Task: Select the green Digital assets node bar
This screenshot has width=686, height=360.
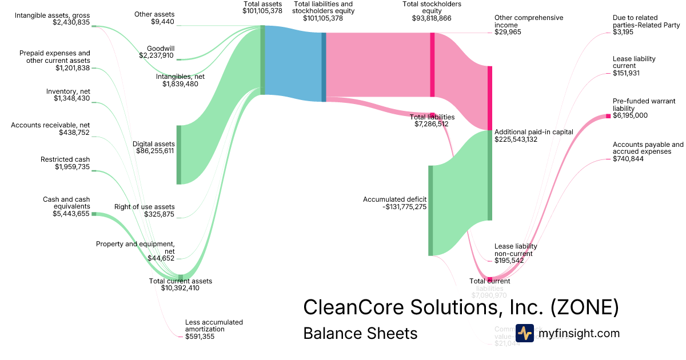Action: (x=178, y=154)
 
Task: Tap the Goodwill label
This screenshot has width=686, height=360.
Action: (x=161, y=48)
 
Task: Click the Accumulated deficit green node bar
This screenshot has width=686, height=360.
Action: (x=430, y=210)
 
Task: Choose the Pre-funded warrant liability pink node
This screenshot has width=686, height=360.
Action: (x=608, y=117)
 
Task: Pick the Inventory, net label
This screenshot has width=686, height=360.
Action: (x=68, y=91)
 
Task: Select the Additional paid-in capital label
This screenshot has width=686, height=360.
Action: (x=534, y=132)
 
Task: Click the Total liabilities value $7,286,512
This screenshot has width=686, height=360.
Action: (x=432, y=123)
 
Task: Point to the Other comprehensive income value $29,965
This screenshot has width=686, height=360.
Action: (x=508, y=32)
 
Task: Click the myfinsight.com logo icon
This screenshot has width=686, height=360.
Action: (x=524, y=333)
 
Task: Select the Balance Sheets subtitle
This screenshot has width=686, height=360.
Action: (x=360, y=333)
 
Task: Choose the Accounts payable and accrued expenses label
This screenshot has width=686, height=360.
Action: (x=648, y=148)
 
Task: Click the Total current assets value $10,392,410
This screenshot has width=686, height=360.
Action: (x=180, y=288)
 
